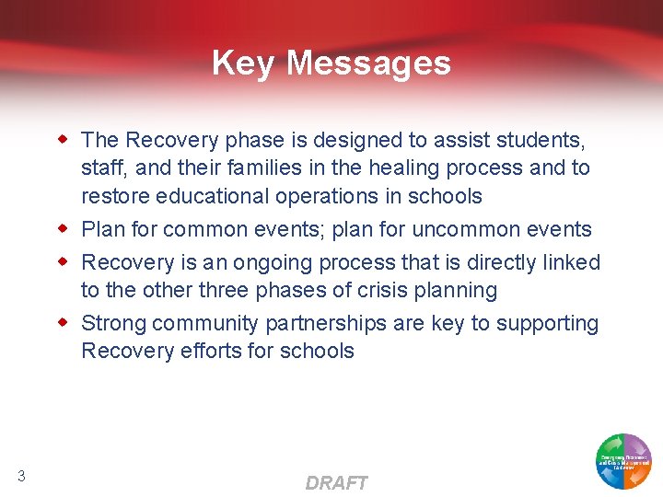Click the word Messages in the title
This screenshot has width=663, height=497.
(x=368, y=64)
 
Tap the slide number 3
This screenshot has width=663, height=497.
(x=21, y=476)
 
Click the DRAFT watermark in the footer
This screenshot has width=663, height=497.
(x=336, y=483)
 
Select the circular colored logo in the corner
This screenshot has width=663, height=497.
(x=623, y=460)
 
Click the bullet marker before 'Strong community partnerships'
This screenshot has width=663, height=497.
(x=64, y=322)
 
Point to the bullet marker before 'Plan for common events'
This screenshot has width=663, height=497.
(x=64, y=228)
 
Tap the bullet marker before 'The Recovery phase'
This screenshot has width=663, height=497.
(x=64, y=139)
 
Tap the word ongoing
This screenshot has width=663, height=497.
(x=274, y=263)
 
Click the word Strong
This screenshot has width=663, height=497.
(x=114, y=324)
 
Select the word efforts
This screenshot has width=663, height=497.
(x=217, y=352)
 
